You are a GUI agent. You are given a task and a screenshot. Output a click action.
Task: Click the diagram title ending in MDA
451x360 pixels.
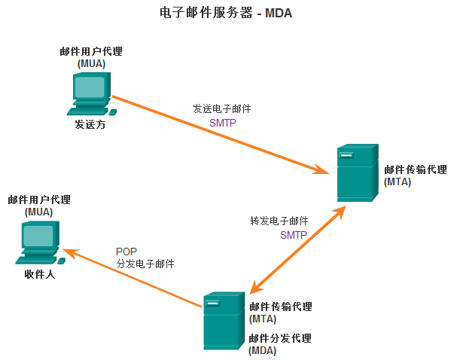coord(226,13)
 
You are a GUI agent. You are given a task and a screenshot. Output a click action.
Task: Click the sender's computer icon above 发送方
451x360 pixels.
coord(92,94)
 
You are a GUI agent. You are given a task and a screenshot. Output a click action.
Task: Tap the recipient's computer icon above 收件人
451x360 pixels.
coord(40,243)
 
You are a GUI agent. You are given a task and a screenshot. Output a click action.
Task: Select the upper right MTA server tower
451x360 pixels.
coord(358,172)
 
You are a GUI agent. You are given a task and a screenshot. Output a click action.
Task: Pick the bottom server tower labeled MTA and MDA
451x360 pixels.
coord(224,321)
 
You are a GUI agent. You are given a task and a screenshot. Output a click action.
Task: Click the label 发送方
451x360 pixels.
coord(90,124)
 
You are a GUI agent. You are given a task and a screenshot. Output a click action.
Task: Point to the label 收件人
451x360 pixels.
coord(40,274)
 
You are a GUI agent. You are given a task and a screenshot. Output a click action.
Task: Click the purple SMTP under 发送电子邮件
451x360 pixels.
coord(223,123)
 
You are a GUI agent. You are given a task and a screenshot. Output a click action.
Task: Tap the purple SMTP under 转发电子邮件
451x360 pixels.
coord(294,235)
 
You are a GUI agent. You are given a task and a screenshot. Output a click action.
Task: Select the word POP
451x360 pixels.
coord(126,252)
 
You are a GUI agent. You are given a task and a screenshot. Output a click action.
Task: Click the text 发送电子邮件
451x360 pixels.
coord(222,108)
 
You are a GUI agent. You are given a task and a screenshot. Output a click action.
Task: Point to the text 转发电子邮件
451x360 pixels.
coord(279,221)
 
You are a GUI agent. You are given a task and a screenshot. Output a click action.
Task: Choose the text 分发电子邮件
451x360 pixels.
coord(145,264)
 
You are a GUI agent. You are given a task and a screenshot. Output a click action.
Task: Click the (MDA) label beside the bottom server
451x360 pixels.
coord(262,351)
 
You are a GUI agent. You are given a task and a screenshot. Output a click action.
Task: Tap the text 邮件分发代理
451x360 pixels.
coord(280,338)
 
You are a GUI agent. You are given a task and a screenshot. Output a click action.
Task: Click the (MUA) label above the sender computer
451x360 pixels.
coord(91,63)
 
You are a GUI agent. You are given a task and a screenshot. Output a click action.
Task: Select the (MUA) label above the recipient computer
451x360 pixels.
coord(39,212)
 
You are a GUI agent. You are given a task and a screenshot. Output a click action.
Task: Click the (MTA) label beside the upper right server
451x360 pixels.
coord(398,182)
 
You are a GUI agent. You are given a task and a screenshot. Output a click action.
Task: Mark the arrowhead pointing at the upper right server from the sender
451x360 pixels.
coord(321,169)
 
